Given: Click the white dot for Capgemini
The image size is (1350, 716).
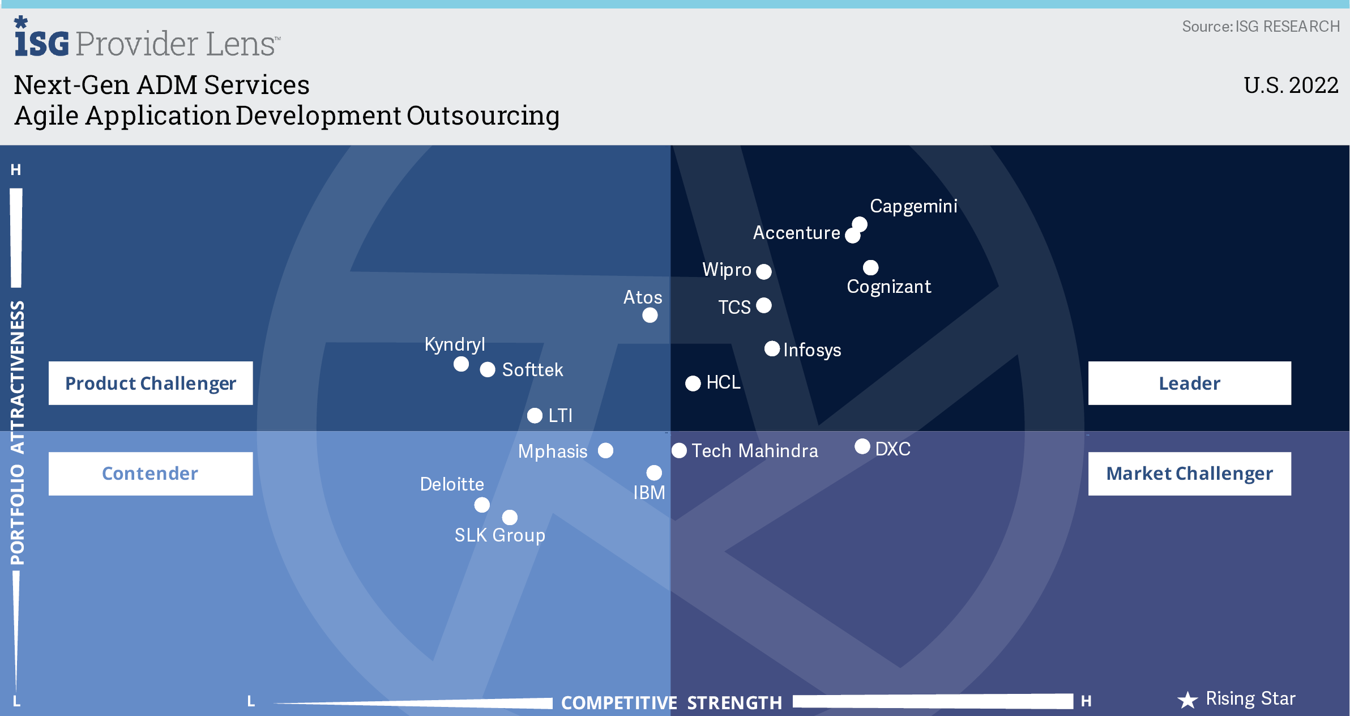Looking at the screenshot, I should [860, 224].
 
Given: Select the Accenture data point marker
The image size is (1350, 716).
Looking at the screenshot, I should [852, 236].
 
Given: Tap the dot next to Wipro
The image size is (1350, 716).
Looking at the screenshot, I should [764, 272].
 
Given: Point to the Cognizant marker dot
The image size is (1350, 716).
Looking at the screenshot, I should [870, 267].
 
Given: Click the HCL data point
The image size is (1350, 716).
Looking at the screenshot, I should [693, 383].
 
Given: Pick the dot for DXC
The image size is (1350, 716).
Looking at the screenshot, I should [862, 446].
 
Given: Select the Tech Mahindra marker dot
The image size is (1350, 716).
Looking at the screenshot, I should [679, 451].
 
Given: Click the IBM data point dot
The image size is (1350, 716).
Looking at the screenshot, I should [654, 472].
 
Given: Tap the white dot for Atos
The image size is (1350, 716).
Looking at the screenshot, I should [650, 316].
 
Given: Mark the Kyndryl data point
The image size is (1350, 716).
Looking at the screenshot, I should [461, 364].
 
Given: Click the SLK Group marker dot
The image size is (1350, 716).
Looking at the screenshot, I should [510, 517].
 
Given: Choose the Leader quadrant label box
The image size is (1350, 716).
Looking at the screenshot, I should [1189, 383].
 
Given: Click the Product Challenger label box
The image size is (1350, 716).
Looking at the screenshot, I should [151, 383].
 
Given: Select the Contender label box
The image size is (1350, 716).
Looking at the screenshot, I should [151, 474].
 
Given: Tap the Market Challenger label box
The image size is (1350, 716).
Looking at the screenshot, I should [1189, 474].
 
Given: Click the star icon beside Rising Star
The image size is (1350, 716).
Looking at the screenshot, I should [1187, 700].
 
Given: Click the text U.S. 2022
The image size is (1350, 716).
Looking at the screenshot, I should [1291, 86].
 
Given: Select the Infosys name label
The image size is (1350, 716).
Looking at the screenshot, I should [812, 350].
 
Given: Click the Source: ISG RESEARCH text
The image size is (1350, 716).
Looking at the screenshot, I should [1261, 27].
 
